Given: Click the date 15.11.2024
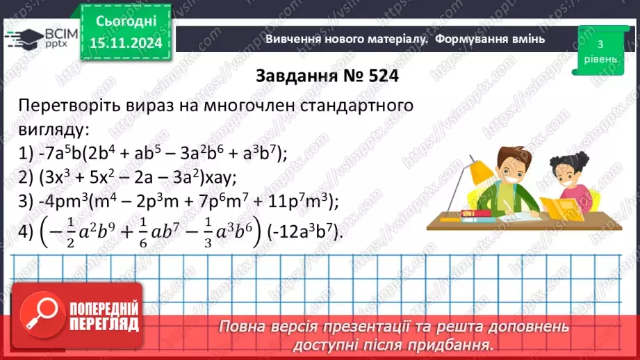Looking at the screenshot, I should click(x=125, y=42).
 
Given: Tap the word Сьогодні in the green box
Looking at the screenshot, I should click(x=125, y=21).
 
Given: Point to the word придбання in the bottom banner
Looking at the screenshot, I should click(x=452, y=344).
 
